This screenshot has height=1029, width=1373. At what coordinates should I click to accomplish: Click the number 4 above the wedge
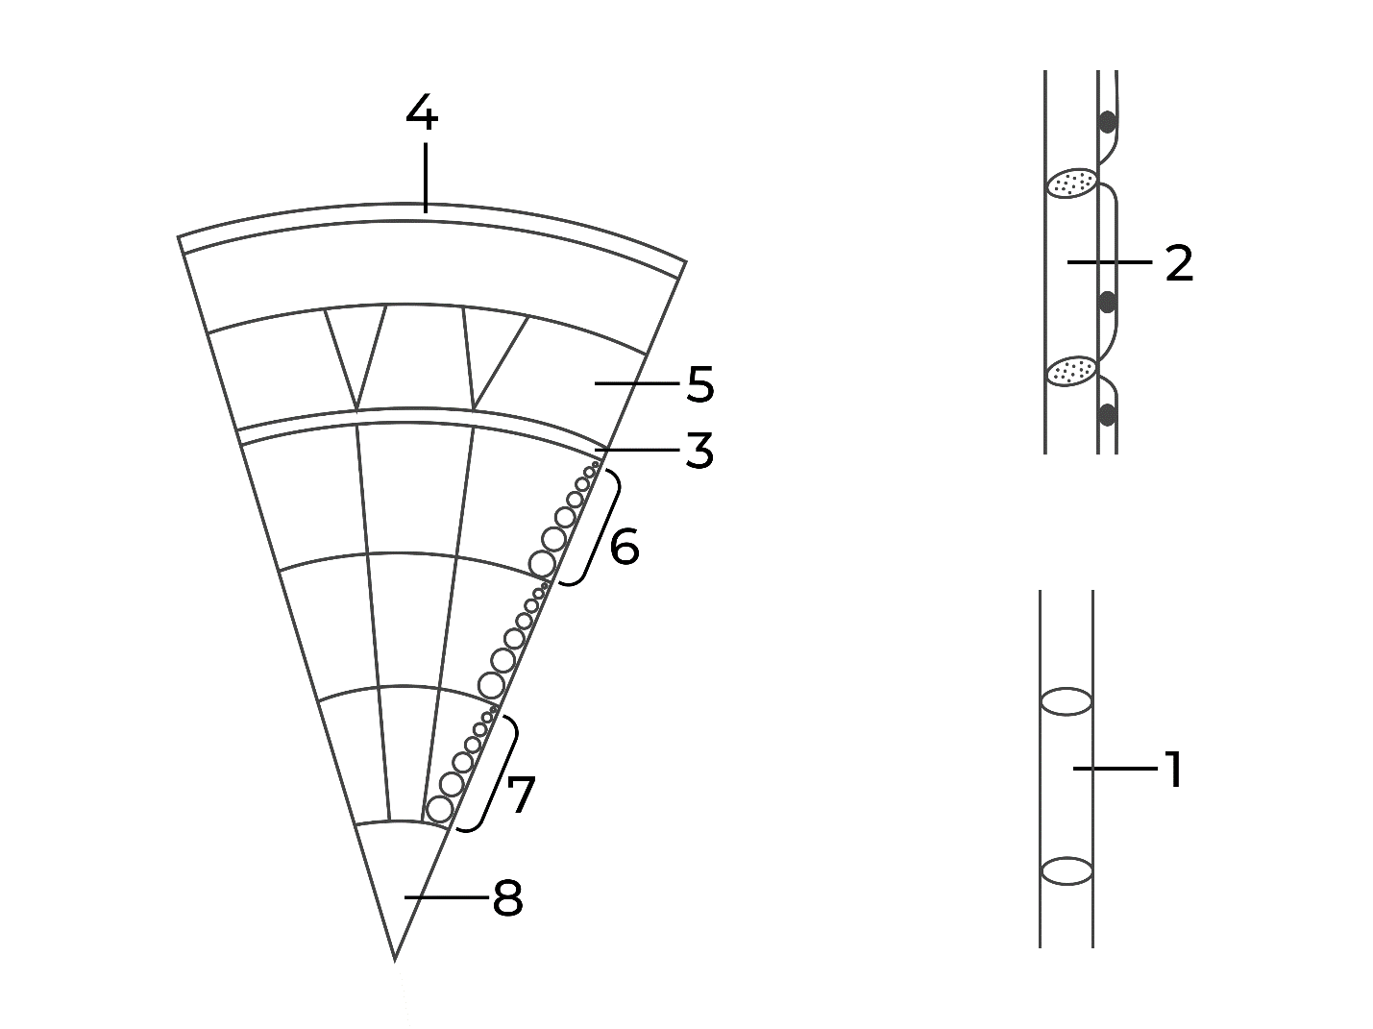pyautogui.click(x=422, y=112)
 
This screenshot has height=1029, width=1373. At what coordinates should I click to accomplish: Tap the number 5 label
pyautogui.click(x=699, y=384)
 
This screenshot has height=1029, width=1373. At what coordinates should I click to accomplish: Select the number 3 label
pyautogui.click(x=699, y=451)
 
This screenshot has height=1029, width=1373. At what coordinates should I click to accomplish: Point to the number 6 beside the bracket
pyautogui.click(x=624, y=546)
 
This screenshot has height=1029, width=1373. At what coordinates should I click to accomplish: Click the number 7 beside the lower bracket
pyautogui.click(x=521, y=795)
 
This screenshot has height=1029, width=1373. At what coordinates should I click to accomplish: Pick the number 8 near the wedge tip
pyautogui.click(x=507, y=898)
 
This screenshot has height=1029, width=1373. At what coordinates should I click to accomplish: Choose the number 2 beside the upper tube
pyautogui.click(x=1180, y=263)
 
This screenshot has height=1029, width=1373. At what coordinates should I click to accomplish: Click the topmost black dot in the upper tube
pyautogui.click(x=1108, y=121)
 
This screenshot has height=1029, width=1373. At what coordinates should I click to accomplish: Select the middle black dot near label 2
pyautogui.click(x=1108, y=302)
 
